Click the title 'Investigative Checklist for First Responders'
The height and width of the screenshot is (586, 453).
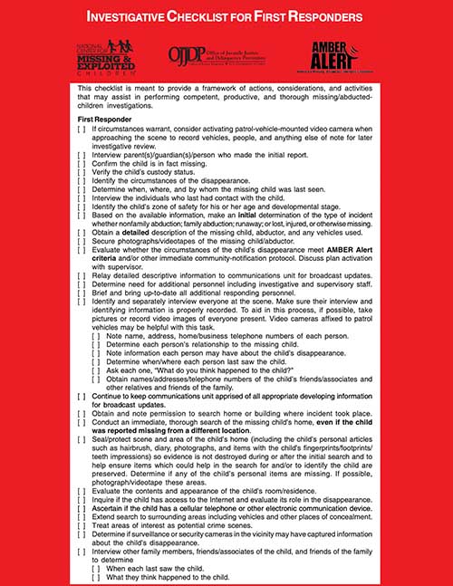[x=226, y=16]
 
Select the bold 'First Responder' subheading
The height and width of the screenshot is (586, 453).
[x=107, y=120]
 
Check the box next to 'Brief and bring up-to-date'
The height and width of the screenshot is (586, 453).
[x=82, y=291]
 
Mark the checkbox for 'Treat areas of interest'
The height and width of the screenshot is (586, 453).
[x=82, y=524]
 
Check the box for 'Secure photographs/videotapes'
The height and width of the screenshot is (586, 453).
[x=82, y=241]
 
